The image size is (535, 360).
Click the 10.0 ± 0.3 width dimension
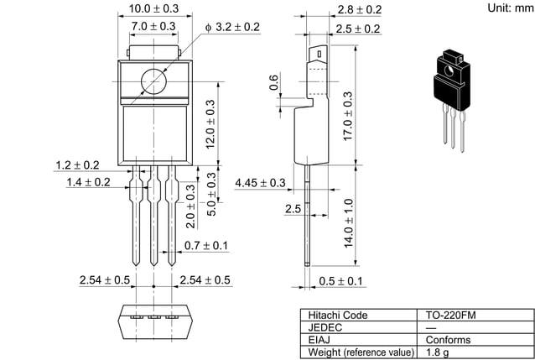pyautogui.click(x=153, y=8)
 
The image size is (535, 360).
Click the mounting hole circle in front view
pyautogui.click(x=153, y=81)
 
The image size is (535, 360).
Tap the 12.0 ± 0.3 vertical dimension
pyautogui.click(x=210, y=124)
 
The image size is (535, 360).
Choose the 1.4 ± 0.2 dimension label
pyautogui.click(x=88, y=181)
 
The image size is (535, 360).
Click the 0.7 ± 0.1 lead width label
pyautogui.click(x=205, y=245)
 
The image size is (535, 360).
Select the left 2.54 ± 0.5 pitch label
pyautogui.click(x=105, y=279)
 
